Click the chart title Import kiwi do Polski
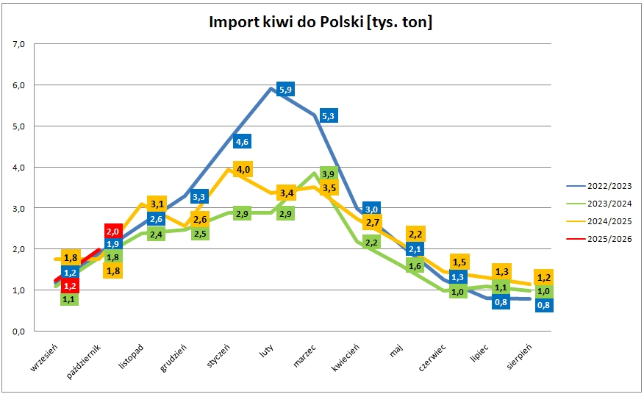click(321, 23)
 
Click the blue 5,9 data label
click(285, 90)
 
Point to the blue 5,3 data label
click(329, 116)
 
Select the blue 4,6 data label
click(242, 142)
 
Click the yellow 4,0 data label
click(243, 170)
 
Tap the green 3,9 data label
click(329, 174)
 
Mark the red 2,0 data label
click(113, 232)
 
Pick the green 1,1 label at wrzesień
click(70, 299)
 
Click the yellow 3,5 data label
click(329, 188)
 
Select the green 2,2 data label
click(371, 243)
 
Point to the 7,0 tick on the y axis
click(19, 44)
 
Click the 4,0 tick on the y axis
click(19, 167)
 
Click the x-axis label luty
click(267, 353)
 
